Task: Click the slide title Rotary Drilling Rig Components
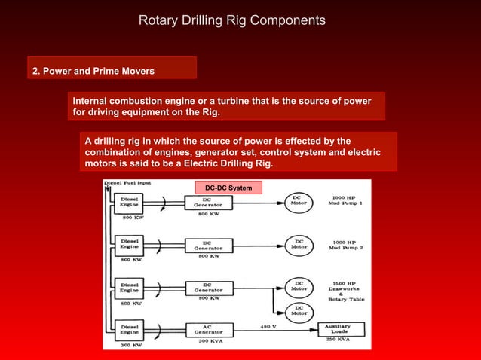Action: pos(232,20)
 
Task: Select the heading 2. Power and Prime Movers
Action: pos(93,72)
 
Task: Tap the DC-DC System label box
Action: pos(230,188)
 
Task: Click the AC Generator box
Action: pos(207,330)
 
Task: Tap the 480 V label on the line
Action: pos(268,325)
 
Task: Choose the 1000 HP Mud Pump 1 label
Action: pos(345,202)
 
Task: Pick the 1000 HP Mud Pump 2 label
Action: pos(345,245)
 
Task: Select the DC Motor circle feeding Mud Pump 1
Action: pos(299,202)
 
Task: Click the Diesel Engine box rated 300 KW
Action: pos(129,329)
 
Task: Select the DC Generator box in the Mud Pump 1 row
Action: pos(207,202)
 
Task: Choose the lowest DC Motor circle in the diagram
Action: pos(299,311)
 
